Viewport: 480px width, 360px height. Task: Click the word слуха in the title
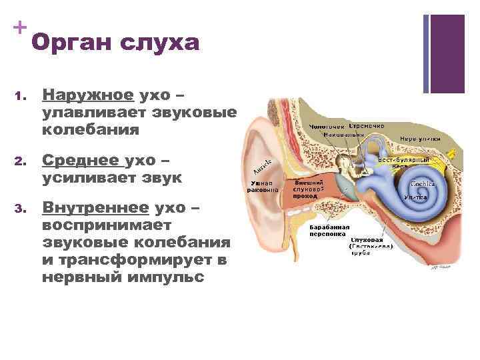click(160, 43)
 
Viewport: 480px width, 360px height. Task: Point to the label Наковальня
click(344, 135)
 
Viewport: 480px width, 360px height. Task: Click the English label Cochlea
click(423, 183)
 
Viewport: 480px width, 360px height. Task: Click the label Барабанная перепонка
click(327, 231)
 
